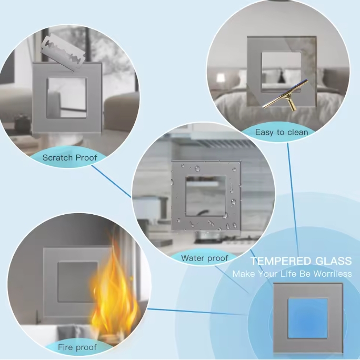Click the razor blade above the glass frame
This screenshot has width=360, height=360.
[63, 53]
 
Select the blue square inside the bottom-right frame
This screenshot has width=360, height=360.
[308, 318]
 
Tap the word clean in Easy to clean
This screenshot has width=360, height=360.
[297, 132]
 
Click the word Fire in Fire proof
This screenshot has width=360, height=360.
[65, 347]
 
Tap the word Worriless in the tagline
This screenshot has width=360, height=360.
[333, 274]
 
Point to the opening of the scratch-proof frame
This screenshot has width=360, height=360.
[67, 98]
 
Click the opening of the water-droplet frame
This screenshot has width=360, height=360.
[205, 196]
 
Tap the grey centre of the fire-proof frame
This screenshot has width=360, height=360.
[77, 282]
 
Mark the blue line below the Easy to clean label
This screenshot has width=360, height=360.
[293, 199]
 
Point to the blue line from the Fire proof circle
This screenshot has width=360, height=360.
[198, 312]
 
